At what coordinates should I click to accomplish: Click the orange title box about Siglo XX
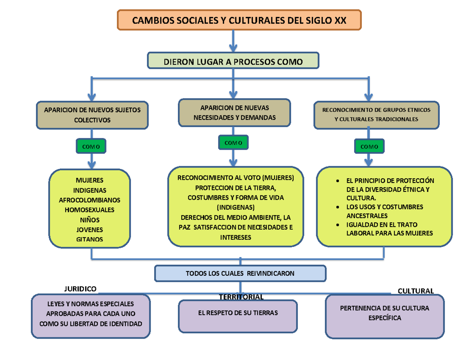239,20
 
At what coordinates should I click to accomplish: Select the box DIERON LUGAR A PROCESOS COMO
233,61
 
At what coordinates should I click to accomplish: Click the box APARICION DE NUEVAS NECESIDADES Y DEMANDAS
234,112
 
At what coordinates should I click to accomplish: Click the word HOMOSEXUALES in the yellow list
89,210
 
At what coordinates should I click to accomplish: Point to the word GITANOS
89,239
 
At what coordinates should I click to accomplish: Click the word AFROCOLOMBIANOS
89,200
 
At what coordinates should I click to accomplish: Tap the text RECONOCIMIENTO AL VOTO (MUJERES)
236,178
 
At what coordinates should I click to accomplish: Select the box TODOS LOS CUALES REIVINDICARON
240,273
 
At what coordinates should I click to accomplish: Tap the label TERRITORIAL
241,297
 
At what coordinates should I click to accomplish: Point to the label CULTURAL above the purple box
416,291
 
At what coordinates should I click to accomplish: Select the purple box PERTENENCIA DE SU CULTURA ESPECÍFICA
384,315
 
